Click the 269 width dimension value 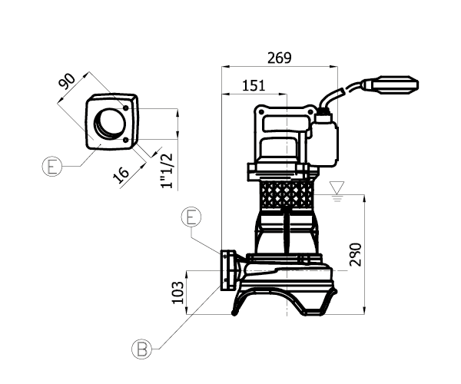(x=280, y=58)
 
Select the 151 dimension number (x=254, y=85)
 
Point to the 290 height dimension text (x=356, y=254)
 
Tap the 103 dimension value (x=177, y=293)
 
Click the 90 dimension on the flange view (x=67, y=81)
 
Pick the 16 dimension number (x=121, y=175)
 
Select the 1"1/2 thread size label (x=167, y=171)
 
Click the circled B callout (x=141, y=349)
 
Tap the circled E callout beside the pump (x=191, y=217)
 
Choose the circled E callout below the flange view (x=52, y=167)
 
